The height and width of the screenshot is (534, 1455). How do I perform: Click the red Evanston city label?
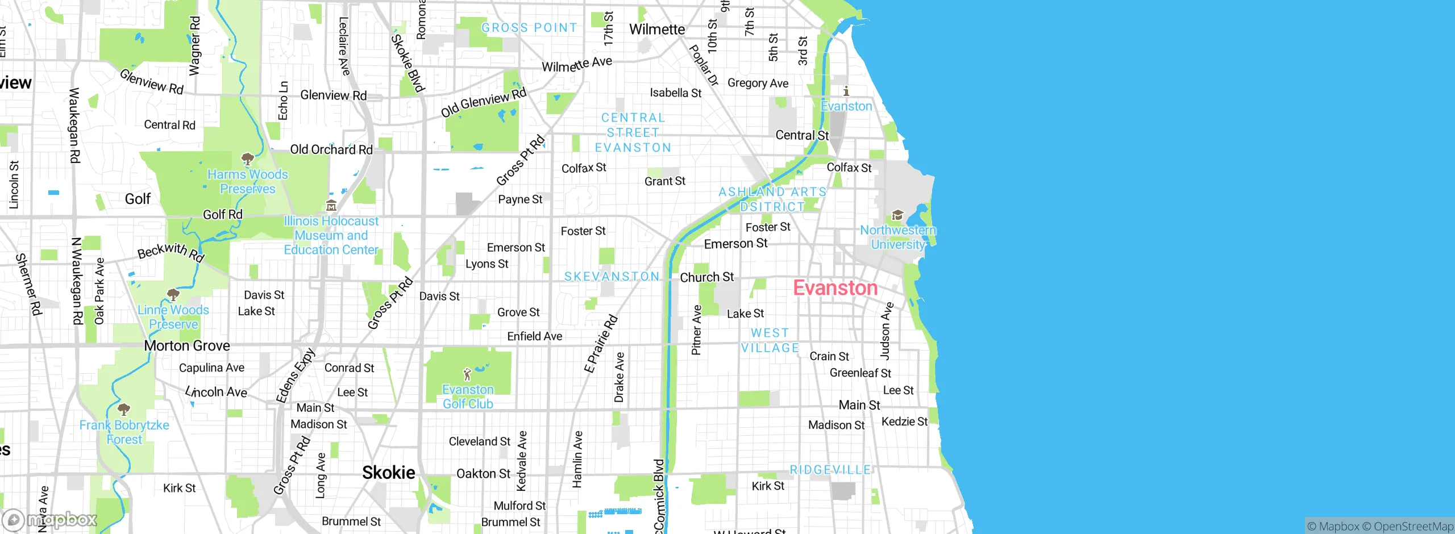(x=835, y=288)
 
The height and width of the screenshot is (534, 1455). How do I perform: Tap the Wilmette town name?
(x=656, y=30)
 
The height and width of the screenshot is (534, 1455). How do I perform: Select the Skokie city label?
(x=389, y=472)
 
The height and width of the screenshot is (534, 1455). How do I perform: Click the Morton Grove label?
(x=187, y=345)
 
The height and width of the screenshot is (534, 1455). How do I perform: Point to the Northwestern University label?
(x=897, y=237)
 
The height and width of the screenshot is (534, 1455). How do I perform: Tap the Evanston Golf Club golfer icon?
(x=467, y=374)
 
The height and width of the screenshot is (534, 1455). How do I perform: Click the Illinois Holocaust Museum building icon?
(x=331, y=205)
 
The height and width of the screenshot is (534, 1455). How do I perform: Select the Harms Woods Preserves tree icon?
(x=247, y=158)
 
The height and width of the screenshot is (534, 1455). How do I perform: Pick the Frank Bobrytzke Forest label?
(x=124, y=432)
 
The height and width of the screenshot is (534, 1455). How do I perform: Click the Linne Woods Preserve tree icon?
(x=173, y=294)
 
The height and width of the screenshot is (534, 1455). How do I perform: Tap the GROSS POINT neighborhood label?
(x=529, y=28)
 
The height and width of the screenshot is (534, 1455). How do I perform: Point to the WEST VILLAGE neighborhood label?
(x=770, y=340)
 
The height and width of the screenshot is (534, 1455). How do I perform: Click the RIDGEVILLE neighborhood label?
(x=830, y=470)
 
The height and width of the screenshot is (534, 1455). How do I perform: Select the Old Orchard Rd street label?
(x=331, y=149)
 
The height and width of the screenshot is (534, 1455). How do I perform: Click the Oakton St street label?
(x=484, y=474)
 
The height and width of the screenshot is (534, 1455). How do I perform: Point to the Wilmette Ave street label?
(x=576, y=64)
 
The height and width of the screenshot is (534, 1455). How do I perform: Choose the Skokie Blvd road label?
(x=408, y=62)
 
